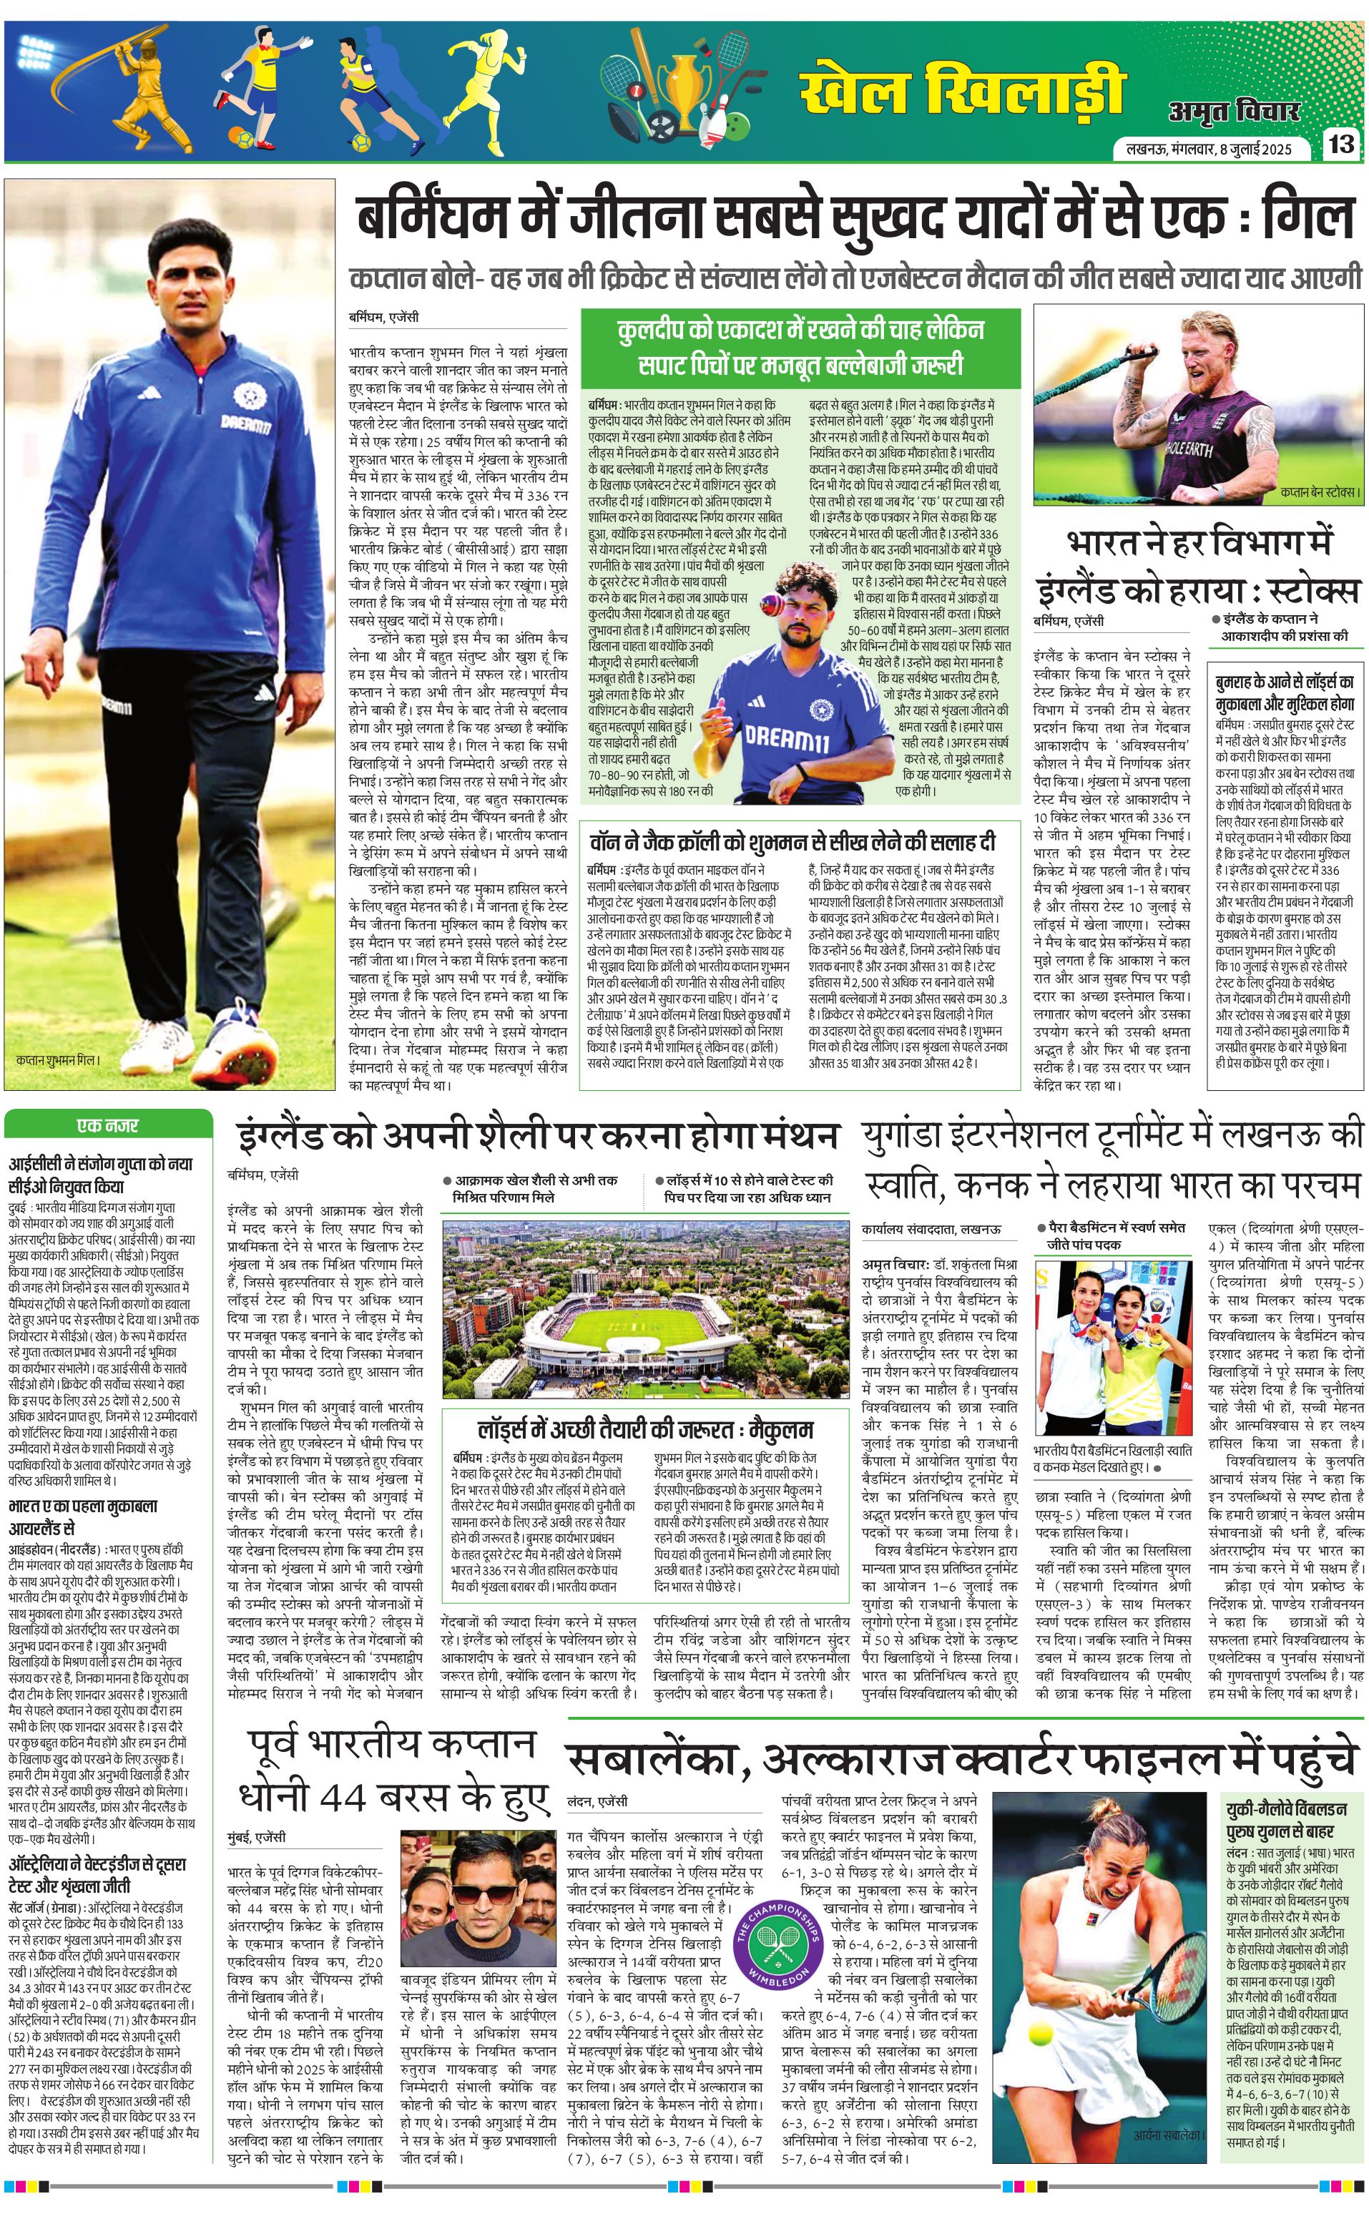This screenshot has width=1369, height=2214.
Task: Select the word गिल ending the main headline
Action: (1312, 218)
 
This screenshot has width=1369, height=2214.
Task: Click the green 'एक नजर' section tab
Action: (108, 1125)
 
